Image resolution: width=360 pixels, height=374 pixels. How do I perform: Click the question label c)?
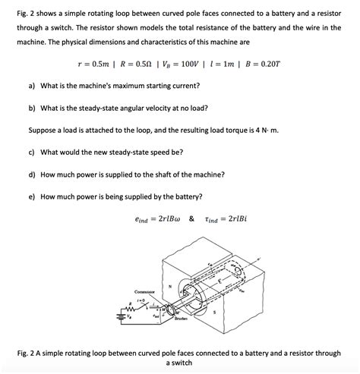33,152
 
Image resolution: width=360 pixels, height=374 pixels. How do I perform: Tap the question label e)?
33,196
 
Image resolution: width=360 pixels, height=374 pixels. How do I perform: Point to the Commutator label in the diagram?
145,291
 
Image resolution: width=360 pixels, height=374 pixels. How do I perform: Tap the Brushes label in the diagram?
181,320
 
